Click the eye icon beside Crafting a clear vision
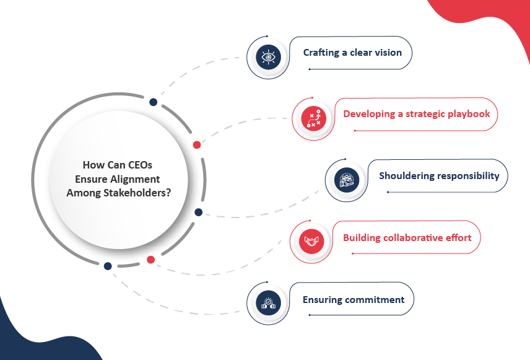[268, 57]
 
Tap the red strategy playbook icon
[314, 119]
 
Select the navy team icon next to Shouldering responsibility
[347, 180]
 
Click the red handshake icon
[311, 241]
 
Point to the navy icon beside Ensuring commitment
[268, 303]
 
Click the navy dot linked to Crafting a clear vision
[153, 102]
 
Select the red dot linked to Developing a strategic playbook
[197, 145]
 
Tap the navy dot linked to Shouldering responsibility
[198, 212]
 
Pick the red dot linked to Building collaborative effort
[150, 260]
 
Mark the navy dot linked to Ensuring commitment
[108, 266]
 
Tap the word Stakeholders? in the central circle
[137, 193]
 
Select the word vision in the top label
[386, 53]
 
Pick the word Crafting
[321, 53]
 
